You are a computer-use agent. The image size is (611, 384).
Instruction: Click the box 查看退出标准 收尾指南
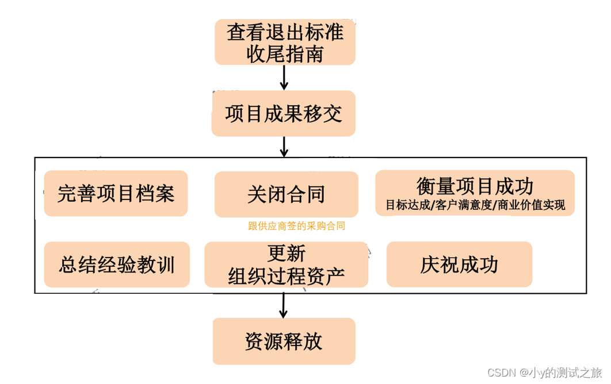click(x=285, y=42)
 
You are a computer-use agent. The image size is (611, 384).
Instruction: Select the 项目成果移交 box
click(x=283, y=113)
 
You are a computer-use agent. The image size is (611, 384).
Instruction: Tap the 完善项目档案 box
click(x=116, y=193)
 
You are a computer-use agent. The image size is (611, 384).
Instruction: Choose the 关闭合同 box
click(x=286, y=194)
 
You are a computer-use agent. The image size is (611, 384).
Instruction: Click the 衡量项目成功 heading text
click(x=475, y=186)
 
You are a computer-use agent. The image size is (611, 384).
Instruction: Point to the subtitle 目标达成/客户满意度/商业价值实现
click(x=475, y=205)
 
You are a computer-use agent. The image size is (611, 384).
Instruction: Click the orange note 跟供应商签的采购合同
click(x=296, y=226)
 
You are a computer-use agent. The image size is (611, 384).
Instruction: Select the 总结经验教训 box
click(x=116, y=264)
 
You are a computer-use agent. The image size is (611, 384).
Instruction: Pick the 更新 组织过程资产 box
click(x=286, y=264)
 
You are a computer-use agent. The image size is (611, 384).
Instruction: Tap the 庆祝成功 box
click(x=459, y=264)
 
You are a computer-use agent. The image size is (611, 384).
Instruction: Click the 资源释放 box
click(x=284, y=341)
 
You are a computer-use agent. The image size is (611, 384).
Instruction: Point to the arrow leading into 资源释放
click(x=283, y=305)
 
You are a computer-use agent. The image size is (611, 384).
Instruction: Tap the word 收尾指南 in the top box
click(x=285, y=53)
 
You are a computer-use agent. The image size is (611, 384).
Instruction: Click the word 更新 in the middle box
click(x=286, y=254)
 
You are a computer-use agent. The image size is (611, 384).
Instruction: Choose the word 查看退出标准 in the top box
click(x=285, y=32)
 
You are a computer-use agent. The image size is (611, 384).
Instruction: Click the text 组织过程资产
click(x=286, y=275)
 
